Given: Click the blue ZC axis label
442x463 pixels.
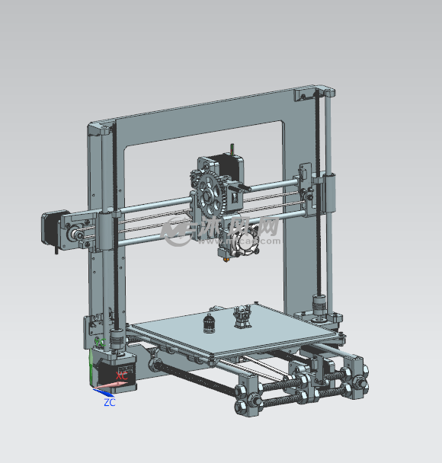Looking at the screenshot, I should pos(109,402).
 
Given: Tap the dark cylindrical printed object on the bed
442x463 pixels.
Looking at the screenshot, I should pos(210,324).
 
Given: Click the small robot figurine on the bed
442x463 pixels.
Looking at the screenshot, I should pos(242,316).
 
